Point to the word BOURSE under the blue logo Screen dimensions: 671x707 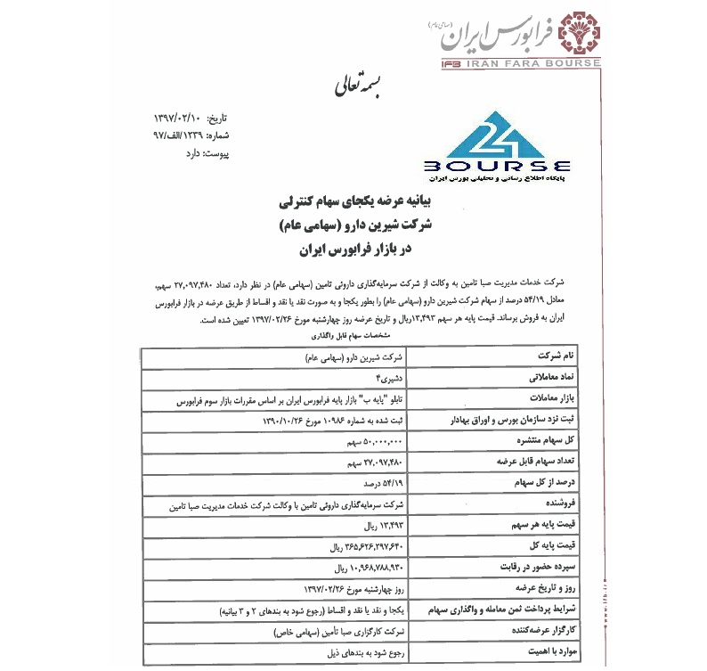click(499, 166)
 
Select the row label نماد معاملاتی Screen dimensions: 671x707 click(532, 379)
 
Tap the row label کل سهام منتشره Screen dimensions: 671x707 click(526, 441)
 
